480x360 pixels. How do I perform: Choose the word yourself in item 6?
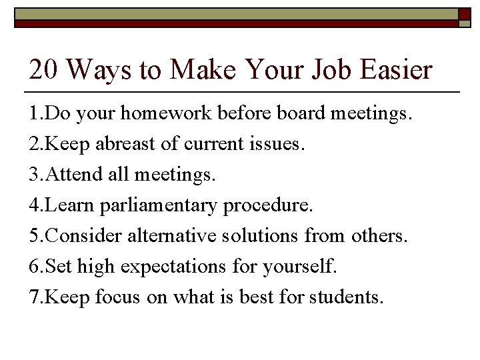click(303, 267)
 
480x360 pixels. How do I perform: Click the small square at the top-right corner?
click(464, 15)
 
